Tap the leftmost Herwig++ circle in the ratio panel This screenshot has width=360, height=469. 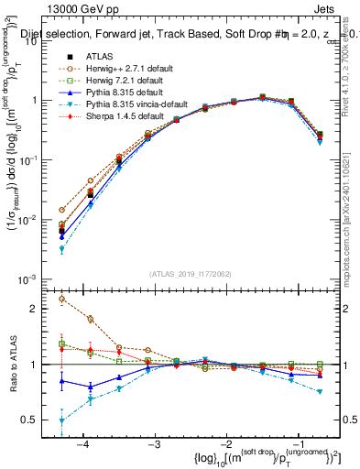[62, 299]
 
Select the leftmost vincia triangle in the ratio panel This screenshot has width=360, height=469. [62, 420]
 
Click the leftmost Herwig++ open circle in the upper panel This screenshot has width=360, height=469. [62, 210]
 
